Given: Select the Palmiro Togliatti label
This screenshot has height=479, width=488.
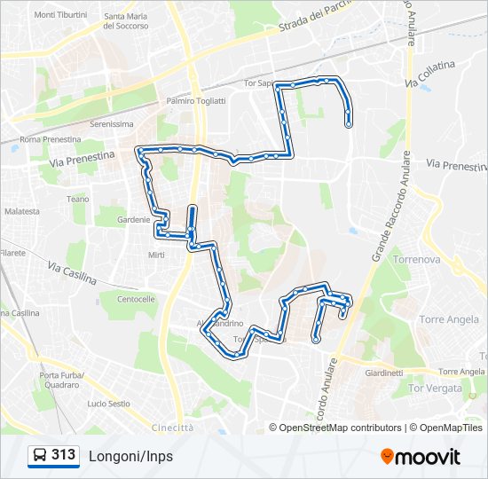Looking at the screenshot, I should [195, 101].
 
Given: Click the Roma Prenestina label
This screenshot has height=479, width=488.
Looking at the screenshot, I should [50, 140].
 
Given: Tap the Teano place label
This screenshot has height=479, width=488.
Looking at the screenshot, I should [78, 199].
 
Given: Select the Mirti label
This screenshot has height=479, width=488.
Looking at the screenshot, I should [156, 255].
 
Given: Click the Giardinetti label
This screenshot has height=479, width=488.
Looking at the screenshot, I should [384, 373].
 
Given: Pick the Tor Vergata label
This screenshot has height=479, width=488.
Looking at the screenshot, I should [435, 389].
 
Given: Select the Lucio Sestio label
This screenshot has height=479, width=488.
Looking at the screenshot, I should [109, 404].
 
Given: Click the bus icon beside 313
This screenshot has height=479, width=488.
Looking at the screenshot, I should [40, 456].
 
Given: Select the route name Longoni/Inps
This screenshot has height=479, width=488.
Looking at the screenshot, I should [130, 456].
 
